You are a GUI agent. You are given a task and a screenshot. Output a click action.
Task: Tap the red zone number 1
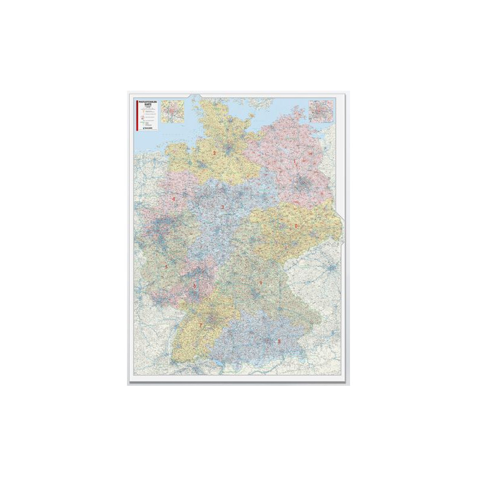click(295, 161)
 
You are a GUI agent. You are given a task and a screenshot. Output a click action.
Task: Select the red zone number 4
click(174, 199)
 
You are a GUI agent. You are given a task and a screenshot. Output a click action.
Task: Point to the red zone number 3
click(222, 207)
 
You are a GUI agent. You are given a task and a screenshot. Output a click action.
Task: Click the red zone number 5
click(166, 266)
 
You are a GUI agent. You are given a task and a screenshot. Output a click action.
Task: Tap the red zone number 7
click(200, 325)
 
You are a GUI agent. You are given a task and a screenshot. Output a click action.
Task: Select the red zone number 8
click(278, 340)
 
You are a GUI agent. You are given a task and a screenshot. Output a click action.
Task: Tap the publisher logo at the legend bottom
click(148, 128)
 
